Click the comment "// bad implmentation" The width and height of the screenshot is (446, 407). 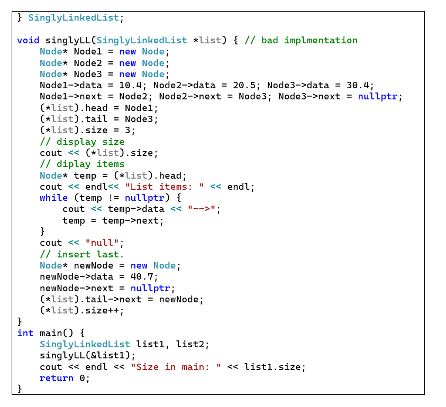click(301, 40)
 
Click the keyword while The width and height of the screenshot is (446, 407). click(53, 198)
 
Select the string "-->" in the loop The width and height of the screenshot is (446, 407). click(202, 209)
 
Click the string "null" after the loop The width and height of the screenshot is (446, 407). click(102, 243)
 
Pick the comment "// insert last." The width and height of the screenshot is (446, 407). click(82, 254)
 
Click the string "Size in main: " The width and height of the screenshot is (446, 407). click(176, 367)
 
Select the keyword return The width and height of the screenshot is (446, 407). click(57, 378)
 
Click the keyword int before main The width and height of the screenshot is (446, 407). click(25, 333)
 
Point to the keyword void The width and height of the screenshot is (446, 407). click(28, 40)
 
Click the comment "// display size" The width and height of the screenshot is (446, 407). click(82, 142)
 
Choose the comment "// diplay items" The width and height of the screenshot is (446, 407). click(82, 164)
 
